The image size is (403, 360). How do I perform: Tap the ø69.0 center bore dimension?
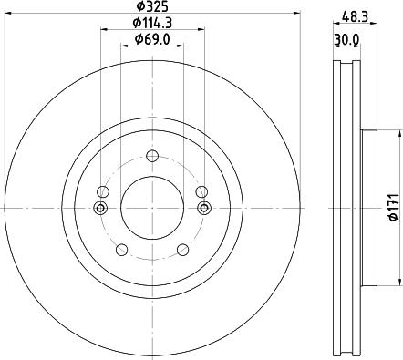pyautogui.click(x=152, y=39)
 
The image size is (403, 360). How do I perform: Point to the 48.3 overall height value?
pyautogui.click(x=355, y=15)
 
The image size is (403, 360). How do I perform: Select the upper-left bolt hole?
pyautogui.click(x=103, y=191)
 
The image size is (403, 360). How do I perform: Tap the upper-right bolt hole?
pyautogui.click(x=201, y=191)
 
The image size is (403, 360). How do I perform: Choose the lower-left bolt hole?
pyautogui.click(x=121, y=249)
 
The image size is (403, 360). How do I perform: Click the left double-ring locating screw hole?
pyautogui.click(x=101, y=208)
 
